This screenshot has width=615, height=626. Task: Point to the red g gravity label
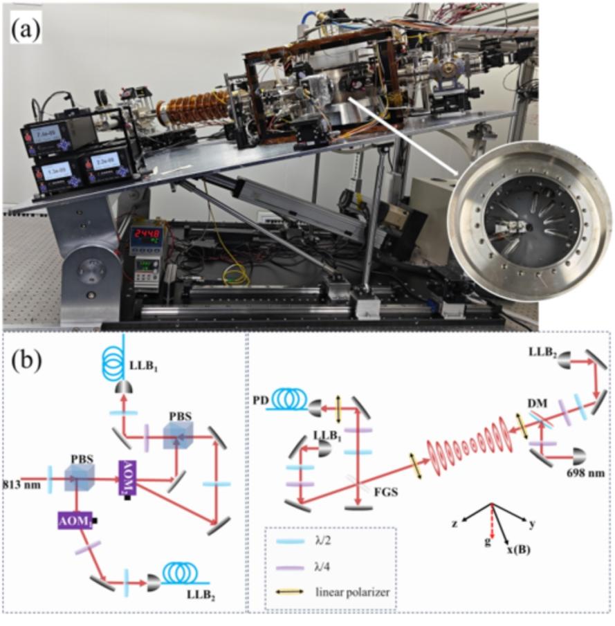[x=488, y=540]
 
